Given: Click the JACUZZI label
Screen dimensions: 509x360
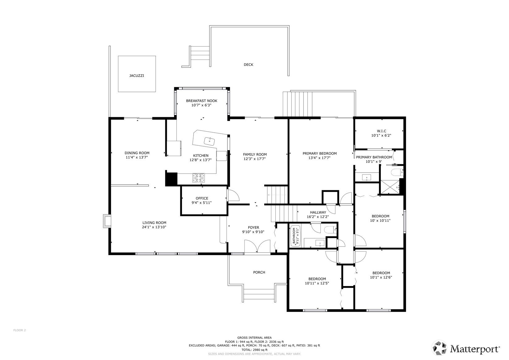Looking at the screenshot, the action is [137, 76].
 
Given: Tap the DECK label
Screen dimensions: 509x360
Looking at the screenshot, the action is [248, 65].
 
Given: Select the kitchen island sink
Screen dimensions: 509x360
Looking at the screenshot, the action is [209, 141].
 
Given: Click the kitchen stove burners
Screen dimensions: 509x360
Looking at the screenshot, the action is [199, 178].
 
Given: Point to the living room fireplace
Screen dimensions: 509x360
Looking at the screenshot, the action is [107, 221].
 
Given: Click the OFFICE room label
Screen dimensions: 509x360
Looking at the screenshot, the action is [202, 198].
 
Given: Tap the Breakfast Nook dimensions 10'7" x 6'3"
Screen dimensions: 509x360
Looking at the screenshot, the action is [201, 105].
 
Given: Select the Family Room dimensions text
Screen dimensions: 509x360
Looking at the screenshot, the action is [255, 159].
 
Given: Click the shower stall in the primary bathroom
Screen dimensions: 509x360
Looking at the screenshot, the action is [390, 187].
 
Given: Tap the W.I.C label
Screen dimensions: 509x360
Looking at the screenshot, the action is [381, 131].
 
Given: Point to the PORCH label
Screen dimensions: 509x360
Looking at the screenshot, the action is [259, 272].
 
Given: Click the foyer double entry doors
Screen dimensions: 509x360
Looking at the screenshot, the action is [257, 246].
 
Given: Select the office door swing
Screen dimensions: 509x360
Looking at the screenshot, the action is [233, 195].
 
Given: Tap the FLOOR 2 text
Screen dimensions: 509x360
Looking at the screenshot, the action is [19, 330].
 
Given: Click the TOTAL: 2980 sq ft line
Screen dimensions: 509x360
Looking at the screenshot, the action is [254, 350].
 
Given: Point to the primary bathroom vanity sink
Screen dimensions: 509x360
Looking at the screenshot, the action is [367, 177].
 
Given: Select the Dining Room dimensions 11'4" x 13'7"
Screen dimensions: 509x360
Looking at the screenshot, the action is [137, 157].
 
